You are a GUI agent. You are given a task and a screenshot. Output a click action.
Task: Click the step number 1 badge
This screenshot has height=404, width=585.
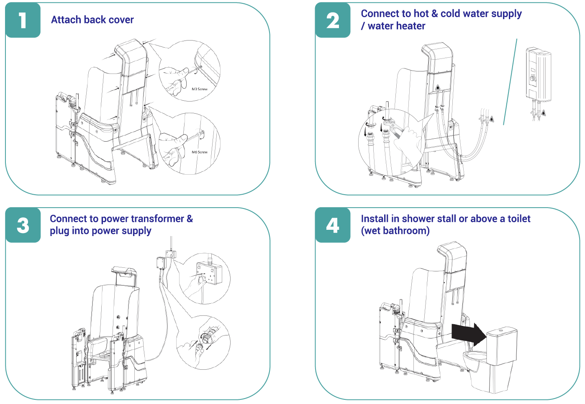[23, 20]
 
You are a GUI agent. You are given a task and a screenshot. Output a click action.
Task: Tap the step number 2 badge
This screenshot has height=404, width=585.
[333, 20]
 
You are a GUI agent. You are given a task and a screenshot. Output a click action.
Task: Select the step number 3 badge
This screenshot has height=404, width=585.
[23, 225]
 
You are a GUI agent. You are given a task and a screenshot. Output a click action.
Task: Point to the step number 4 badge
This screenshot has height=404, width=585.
[333, 225]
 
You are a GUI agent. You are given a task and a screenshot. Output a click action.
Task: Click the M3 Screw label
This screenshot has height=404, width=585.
[199, 89]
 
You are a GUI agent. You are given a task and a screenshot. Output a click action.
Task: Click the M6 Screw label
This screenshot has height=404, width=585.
[199, 152]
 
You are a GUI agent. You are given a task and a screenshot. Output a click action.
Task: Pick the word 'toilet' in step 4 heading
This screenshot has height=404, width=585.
[518, 219]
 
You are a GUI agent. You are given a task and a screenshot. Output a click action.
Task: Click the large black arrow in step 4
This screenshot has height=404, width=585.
[468, 334]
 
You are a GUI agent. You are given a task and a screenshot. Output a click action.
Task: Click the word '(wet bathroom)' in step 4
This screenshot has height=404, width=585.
[395, 231]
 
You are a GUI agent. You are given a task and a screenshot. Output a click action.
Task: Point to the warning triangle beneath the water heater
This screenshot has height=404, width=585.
[543, 112]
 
